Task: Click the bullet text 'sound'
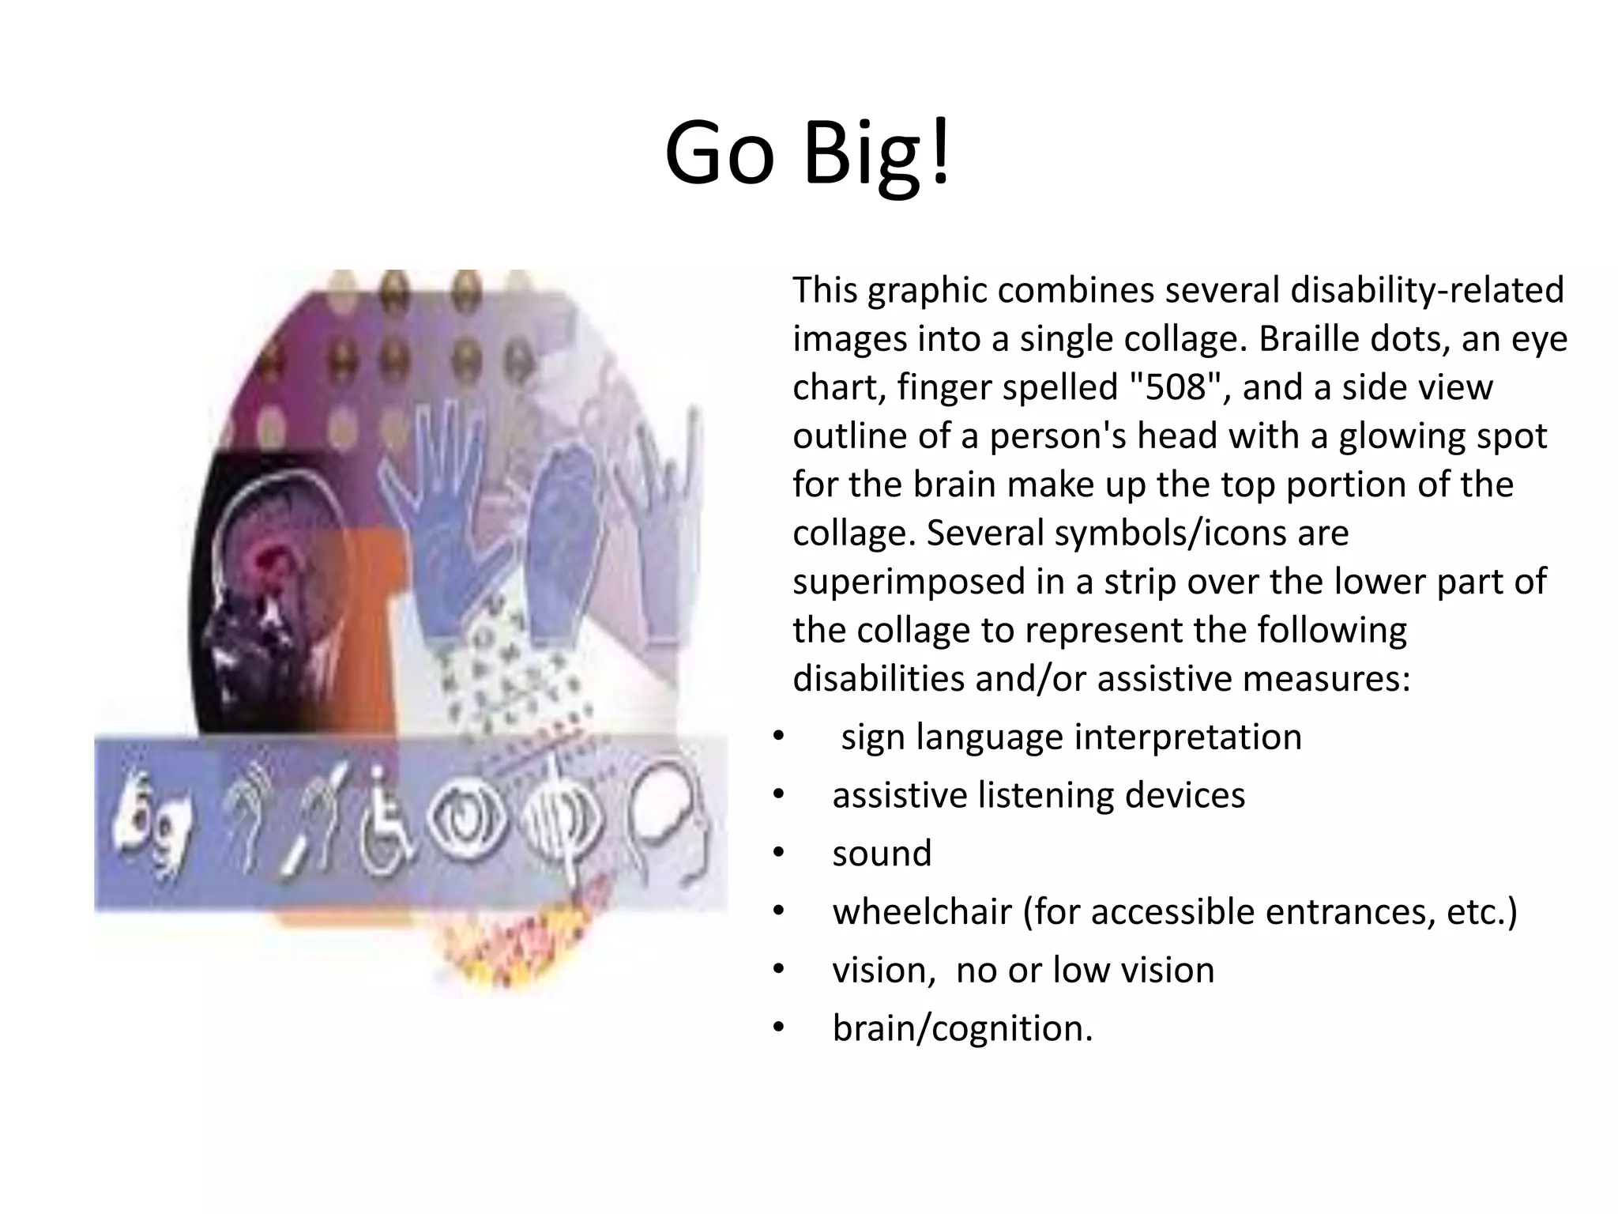882,854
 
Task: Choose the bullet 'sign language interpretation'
1071,737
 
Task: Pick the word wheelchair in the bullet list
921,912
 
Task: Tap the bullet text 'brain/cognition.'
962,1028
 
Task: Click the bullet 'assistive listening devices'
1038,795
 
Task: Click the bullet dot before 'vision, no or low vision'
779,970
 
